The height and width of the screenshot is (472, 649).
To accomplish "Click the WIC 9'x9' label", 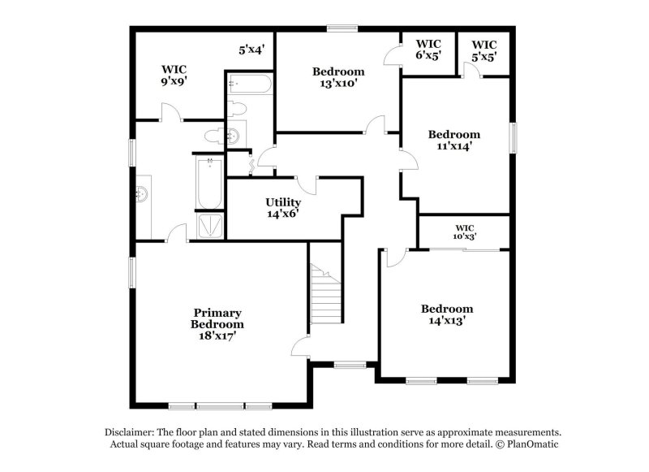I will click(174, 75).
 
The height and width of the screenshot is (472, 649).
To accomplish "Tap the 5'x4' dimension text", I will click(251, 50).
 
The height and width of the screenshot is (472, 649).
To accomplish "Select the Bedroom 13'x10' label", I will click(338, 76).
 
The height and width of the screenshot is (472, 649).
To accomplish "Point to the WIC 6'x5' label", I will click(428, 50).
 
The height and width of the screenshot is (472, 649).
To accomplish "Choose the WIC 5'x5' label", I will click(484, 50).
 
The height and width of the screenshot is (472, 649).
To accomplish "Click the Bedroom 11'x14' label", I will click(454, 141).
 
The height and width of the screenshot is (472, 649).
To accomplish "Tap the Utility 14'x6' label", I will click(283, 208).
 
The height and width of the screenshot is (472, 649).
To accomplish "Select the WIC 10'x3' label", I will click(464, 232).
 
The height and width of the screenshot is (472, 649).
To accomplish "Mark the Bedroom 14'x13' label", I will click(446, 314).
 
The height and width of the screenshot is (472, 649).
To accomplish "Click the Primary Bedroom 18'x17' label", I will click(217, 323).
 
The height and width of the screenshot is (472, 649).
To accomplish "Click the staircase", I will click(325, 296).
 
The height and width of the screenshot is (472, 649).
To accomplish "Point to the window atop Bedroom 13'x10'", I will click(342, 29).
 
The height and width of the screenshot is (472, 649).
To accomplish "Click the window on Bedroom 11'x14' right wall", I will click(513, 136).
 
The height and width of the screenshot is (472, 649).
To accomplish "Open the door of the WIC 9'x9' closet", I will click(171, 114).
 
